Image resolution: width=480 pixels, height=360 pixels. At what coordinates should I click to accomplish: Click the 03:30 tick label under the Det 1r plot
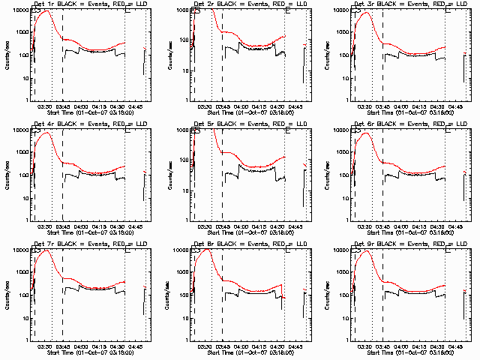tap(46, 106)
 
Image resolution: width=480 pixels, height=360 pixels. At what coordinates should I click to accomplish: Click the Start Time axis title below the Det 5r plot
tap(241, 232)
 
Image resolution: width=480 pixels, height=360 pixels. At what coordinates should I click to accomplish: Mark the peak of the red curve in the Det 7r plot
tap(47, 250)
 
